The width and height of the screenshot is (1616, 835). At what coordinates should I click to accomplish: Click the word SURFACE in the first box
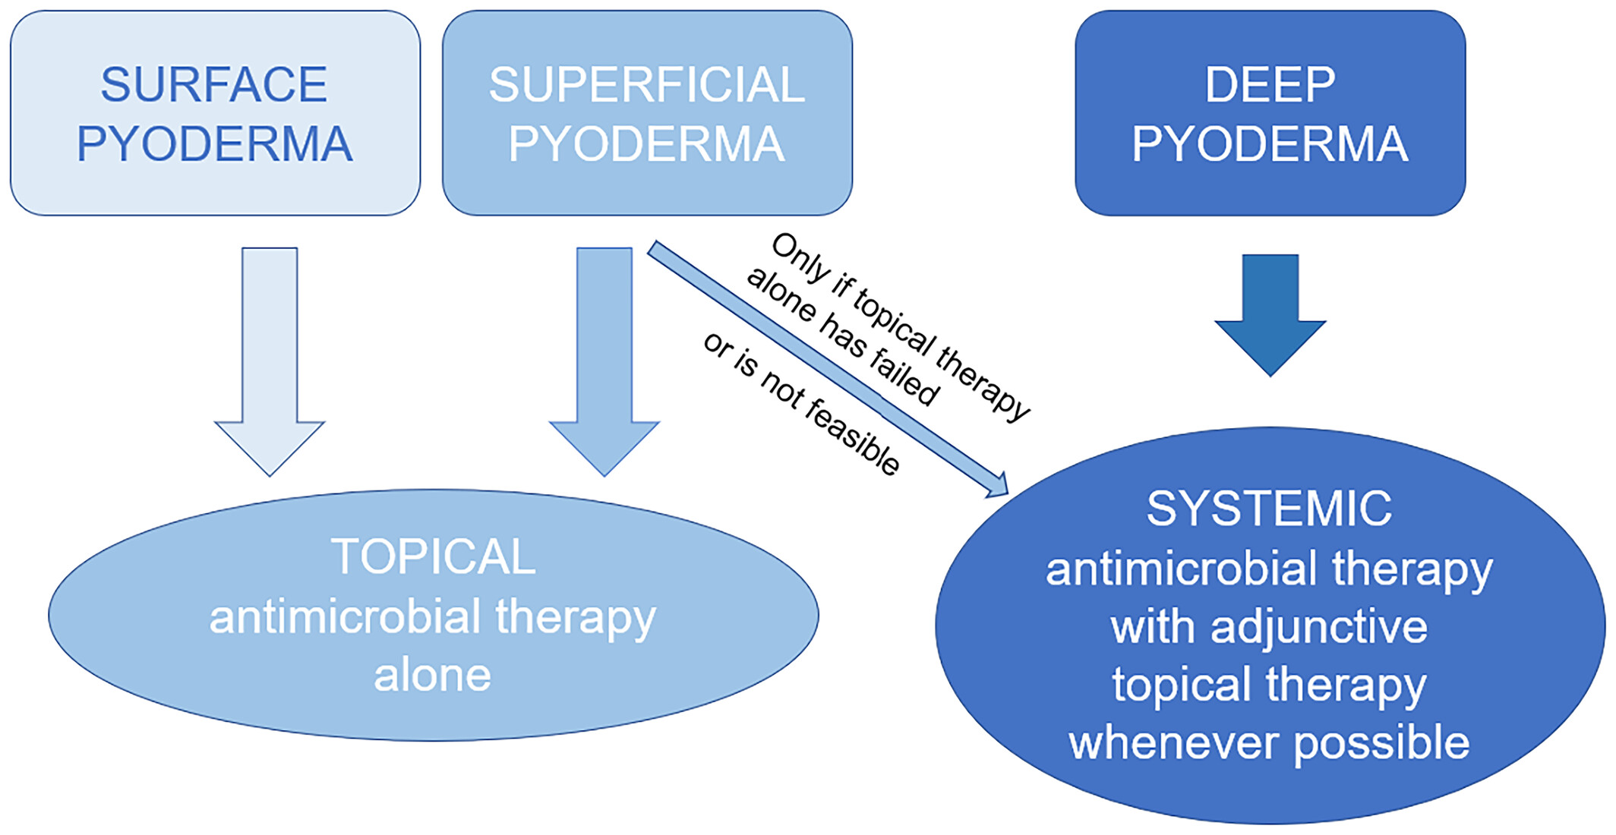pyautogui.click(x=214, y=84)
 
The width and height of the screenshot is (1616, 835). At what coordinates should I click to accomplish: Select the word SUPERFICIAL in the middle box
pyautogui.click(x=647, y=84)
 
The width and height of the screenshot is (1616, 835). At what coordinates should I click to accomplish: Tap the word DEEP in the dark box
pyautogui.click(x=1270, y=84)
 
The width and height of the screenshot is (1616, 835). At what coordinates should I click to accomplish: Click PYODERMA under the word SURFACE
pyautogui.click(x=215, y=143)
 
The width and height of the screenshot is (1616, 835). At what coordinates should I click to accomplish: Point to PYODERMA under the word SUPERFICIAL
pyautogui.click(x=647, y=143)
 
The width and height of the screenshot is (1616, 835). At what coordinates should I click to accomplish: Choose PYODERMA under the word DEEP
pyautogui.click(x=1270, y=143)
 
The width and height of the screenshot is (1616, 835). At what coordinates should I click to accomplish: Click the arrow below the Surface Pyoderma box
pyautogui.click(x=270, y=361)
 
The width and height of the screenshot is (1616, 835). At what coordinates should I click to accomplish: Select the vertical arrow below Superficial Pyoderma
pyautogui.click(x=604, y=361)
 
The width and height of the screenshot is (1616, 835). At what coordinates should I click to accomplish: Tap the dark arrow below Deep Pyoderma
pyautogui.click(x=1270, y=315)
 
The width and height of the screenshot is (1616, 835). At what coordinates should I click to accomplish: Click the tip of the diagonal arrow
pyautogui.click(x=1008, y=494)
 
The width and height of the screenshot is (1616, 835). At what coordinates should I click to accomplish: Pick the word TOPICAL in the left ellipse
pyautogui.click(x=433, y=556)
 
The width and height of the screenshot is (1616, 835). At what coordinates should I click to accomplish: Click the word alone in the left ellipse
pyautogui.click(x=433, y=675)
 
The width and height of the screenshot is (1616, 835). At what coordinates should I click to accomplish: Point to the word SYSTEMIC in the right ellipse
pyautogui.click(x=1269, y=508)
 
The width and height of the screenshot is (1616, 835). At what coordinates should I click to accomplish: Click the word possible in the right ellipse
pyautogui.click(x=1381, y=745)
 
